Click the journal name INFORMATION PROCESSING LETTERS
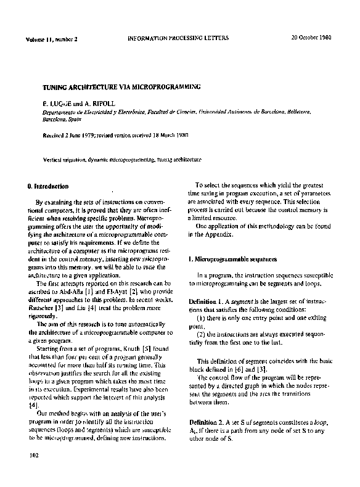(x=178, y=38)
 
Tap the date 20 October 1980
(x=311, y=38)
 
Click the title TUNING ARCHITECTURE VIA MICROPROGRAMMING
(x=117, y=88)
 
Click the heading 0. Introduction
(x=48, y=186)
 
